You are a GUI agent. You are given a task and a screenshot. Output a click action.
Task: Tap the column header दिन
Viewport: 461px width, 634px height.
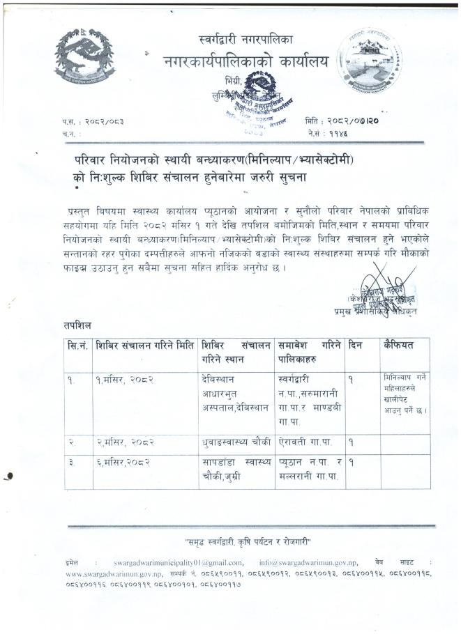pos(358,345)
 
